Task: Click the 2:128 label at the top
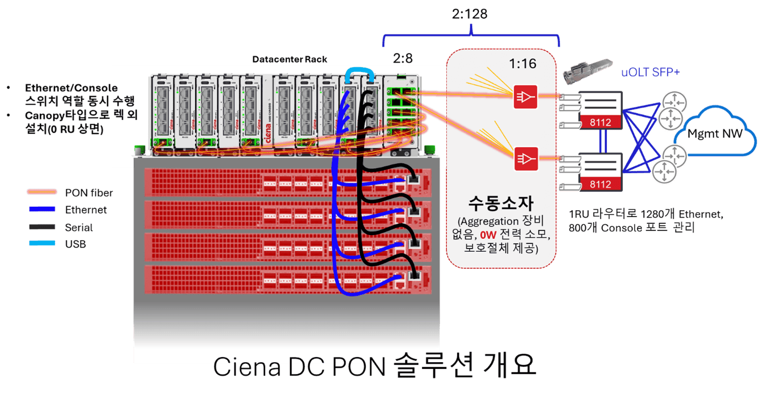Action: [x=470, y=13]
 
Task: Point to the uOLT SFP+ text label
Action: [x=650, y=73]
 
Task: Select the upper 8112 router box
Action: [x=600, y=111]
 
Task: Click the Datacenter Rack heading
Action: [x=289, y=59]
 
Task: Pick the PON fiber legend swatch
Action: [x=41, y=193]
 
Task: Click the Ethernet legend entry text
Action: [x=86, y=210]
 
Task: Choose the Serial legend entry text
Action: [x=79, y=227]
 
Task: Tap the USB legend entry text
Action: [x=76, y=244]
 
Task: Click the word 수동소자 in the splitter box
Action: [x=501, y=202]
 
